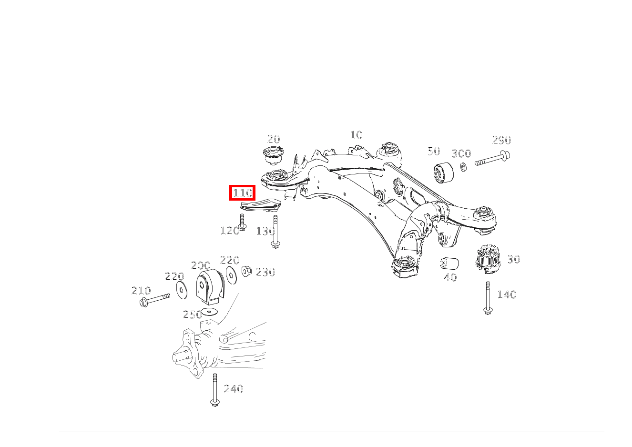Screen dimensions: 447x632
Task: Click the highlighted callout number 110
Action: point(242,193)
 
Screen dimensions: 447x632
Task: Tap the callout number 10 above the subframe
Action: point(356,135)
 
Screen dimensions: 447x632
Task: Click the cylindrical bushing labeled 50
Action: point(444,173)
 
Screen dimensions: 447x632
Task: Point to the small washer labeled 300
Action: point(463,167)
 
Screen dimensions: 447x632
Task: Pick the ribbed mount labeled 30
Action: point(488,259)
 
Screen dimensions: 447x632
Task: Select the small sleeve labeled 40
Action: point(449,263)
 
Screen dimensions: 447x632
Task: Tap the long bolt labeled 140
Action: point(488,298)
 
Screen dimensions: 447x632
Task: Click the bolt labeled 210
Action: point(155,299)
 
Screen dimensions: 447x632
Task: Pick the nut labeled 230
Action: point(246,271)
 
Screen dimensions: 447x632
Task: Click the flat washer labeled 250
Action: point(208,312)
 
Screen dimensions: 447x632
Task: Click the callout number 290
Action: point(501,140)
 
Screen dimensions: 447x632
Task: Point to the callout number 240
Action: point(234,389)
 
